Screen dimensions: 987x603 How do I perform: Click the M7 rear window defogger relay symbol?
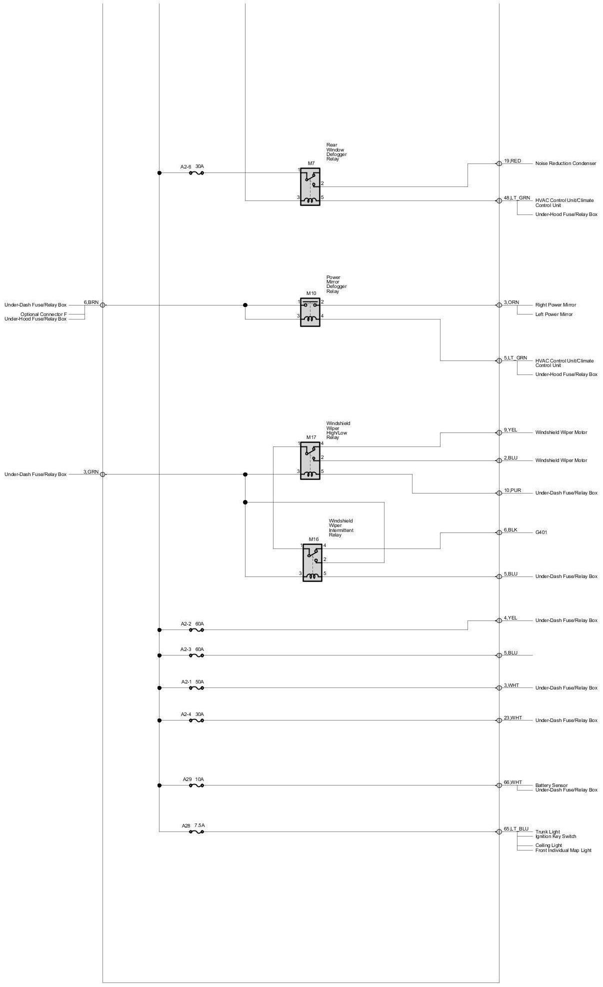coord(310,187)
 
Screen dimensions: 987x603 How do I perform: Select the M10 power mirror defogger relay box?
coord(310,312)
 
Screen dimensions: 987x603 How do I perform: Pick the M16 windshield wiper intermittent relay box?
coord(312,563)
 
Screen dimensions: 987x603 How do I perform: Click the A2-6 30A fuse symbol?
coord(196,173)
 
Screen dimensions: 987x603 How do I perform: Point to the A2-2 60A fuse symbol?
coord(196,630)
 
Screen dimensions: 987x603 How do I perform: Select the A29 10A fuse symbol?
coord(196,785)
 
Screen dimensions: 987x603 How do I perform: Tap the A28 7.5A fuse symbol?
coord(196,832)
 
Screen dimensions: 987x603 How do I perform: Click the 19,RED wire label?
coord(512,161)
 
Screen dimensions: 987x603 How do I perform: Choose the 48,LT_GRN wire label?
coord(517,198)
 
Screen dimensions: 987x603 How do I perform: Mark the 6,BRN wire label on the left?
coord(91,302)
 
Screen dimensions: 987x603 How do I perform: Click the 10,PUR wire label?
coord(512,490)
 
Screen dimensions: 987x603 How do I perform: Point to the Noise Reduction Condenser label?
coord(565,163)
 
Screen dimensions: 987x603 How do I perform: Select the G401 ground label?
coord(541,532)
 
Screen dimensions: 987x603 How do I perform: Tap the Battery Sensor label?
coord(551,785)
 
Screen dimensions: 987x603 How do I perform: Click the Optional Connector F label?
coord(43,314)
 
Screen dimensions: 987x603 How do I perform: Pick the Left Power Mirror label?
coord(554,314)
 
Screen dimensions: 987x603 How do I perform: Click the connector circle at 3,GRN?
coord(102,474)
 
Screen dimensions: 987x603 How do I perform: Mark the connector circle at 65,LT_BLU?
coord(498,832)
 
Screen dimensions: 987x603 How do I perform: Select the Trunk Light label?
coord(547,832)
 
